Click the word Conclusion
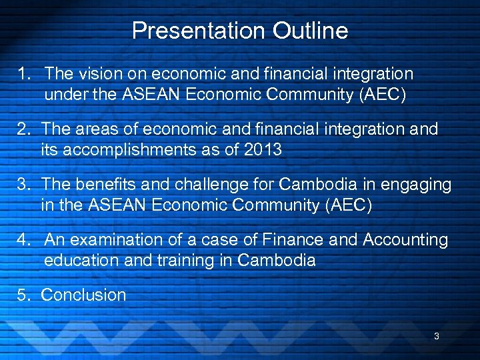[83, 295]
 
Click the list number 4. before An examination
[27, 239]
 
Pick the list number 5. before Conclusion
[27, 295]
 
